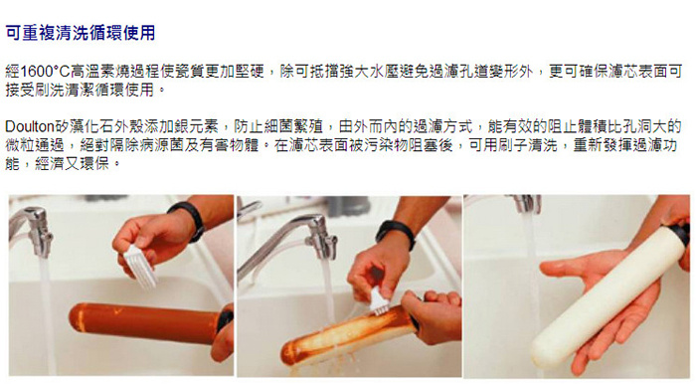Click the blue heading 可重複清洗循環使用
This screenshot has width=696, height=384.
point(81,33)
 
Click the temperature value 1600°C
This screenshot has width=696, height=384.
point(46,72)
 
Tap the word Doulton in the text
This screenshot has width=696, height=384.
point(29,127)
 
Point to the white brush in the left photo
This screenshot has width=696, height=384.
point(139,266)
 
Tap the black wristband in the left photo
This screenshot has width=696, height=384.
point(188,219)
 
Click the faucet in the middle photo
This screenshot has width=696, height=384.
point(287,240)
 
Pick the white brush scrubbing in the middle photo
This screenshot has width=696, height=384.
point(380,301)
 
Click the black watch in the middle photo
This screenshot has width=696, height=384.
point(395,233)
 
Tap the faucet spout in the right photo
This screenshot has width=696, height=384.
point(526,203)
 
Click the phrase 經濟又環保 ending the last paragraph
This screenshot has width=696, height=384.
point(73,164)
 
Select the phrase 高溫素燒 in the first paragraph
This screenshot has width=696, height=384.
point(99,72)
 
